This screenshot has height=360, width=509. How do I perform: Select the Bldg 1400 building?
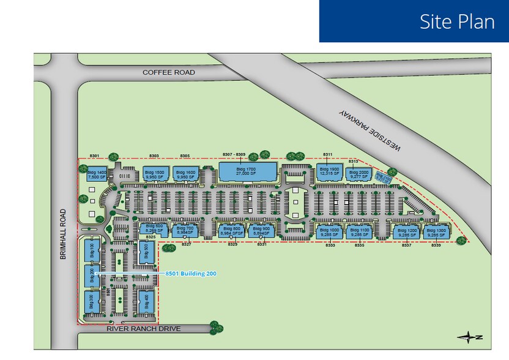pyautogui.click(x=97, y=174)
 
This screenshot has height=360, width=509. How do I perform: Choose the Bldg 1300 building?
pyautogui.click(x=434, y=231)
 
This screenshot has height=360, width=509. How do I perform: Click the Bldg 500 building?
pyautogui.click(x=146, y=251)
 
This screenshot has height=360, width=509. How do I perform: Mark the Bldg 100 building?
pyautogui.click(x=92, y=250)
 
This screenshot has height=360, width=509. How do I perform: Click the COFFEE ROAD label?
pyautogui.click(x=169, y=72)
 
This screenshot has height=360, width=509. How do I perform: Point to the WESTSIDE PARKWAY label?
pyautogui.click(x=370, y=132)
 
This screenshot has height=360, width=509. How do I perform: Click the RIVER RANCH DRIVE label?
pyautogui.click(x=144, y=329)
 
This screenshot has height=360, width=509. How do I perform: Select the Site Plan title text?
pyautogui.click(x=457, y=21)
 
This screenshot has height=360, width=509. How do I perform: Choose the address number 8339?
pyautogui.click(x=436, y=245)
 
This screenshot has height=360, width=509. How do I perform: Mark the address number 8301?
pyautogui.click(x=94, y=156)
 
